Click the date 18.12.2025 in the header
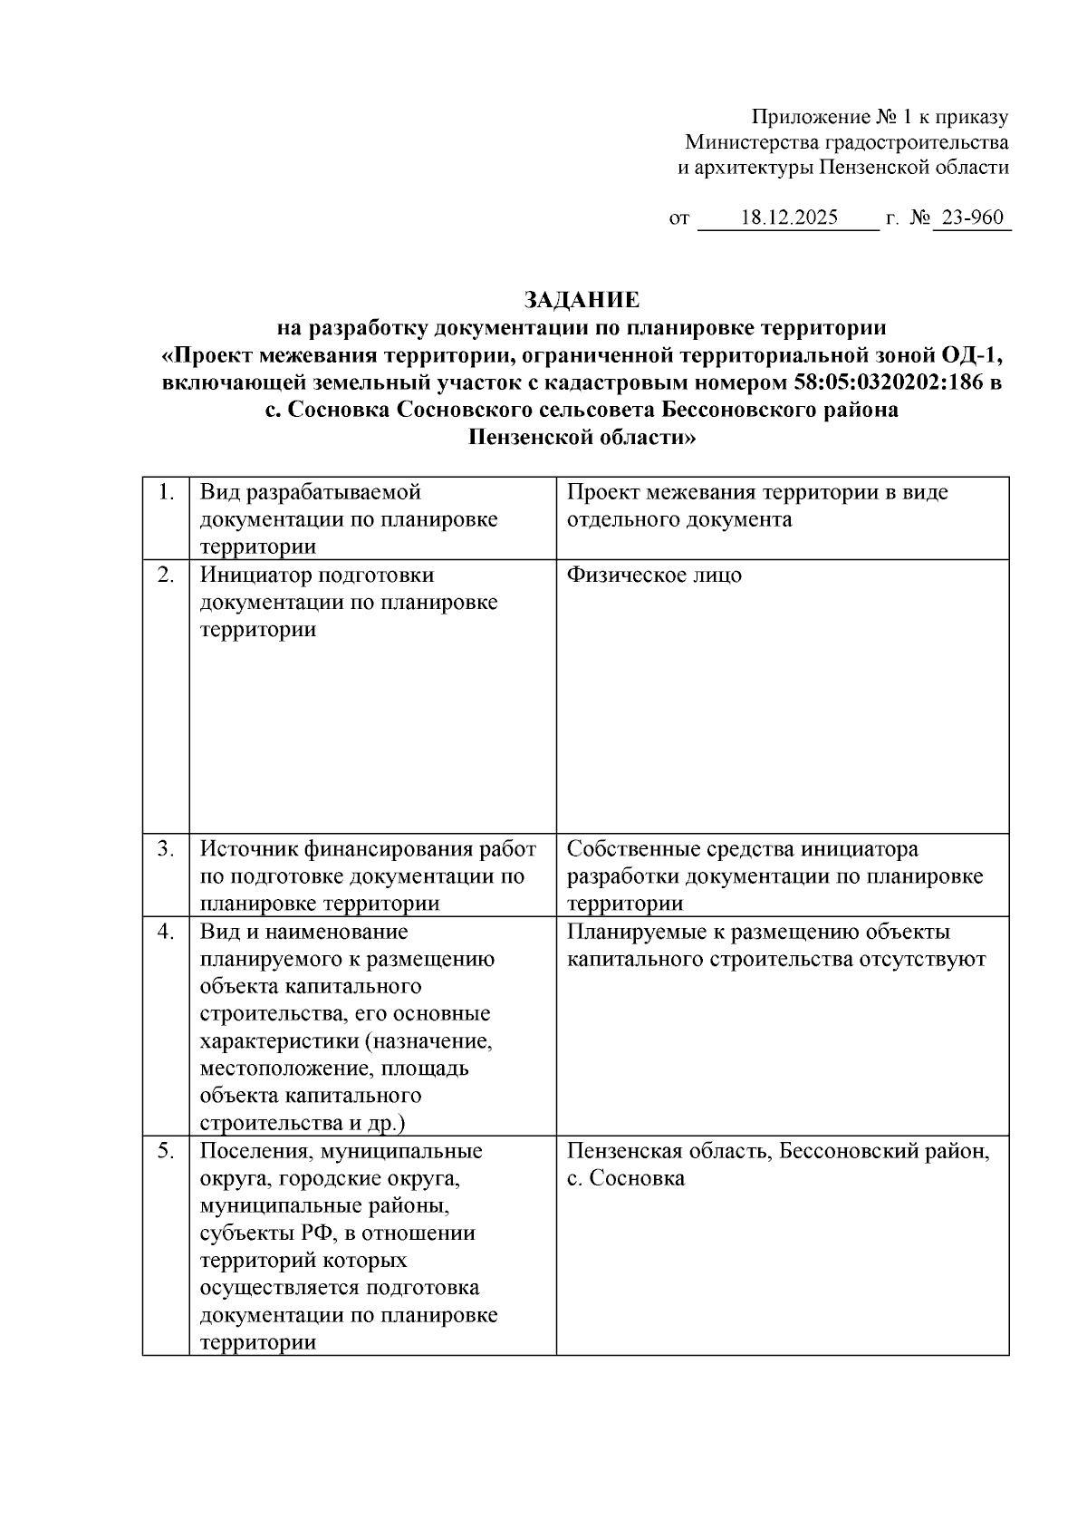[x=789, y=218]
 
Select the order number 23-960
[x=972, y=218]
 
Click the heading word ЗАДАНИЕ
[x=582, y=300]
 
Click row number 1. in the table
[x=166, y=493]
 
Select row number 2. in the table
[x=166, y=576]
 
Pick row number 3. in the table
[x=166, y=849]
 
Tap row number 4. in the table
[x=166, y=932]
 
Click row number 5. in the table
[x=166, y=1151]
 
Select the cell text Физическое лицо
[x=654, y=576]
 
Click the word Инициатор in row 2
[x=252, y=576]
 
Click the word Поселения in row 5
[x=246, y=1151]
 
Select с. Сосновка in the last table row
[x=626, y=1178]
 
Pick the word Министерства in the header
[x=751, y=142]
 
